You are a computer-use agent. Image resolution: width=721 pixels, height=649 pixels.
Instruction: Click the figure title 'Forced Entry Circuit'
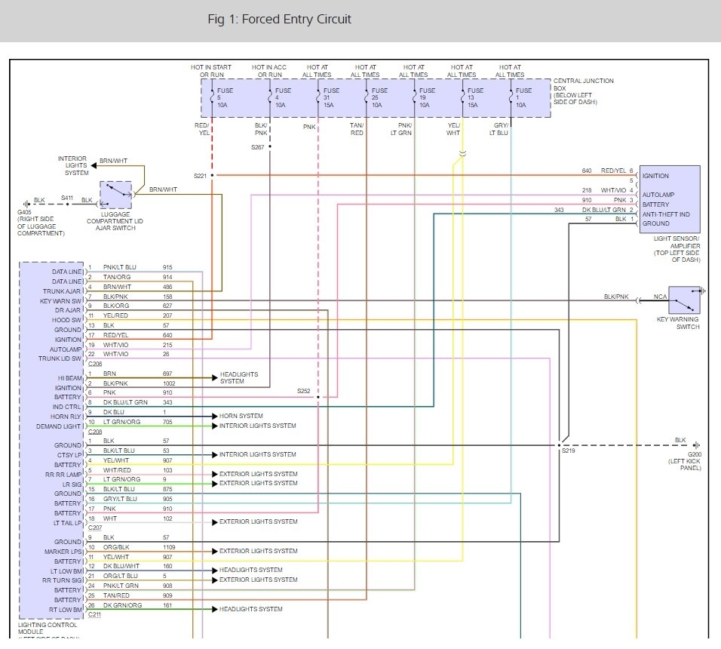tap(279, 19)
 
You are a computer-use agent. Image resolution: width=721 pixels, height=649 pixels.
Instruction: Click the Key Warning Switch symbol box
tap(684, 300)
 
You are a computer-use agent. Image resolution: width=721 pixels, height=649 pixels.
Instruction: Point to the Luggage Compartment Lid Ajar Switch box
tap(115, 195)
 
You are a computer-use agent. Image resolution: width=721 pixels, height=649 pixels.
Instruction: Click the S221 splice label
tap(200, 175)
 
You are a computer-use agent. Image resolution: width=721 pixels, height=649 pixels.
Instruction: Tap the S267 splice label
tap(258, 147)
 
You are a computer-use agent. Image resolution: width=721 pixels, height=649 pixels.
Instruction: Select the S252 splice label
tap(303, 391)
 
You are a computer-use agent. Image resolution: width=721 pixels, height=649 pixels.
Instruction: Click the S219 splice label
tap(567, 451)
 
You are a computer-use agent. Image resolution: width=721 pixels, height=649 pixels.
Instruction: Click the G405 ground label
tap(25, 212)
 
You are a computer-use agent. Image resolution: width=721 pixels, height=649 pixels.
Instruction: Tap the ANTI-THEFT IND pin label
tap(666, 214)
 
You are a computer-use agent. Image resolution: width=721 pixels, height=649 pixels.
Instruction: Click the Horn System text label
tap(241, 416)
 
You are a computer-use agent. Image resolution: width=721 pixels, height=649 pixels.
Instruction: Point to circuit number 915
tap(167, 267)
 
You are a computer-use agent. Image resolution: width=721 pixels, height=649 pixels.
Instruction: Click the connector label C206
tap(94, 363)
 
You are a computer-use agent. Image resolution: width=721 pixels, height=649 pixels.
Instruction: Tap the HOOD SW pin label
tap(68, 320)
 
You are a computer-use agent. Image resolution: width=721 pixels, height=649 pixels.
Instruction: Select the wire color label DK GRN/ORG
tap(122, 605)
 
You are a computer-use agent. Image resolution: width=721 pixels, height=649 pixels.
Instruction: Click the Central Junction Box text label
tap(583, 82)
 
